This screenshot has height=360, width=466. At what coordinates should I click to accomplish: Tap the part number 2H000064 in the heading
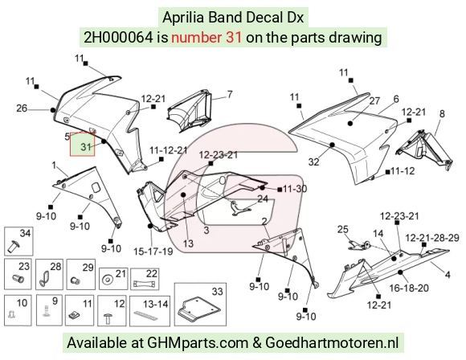(x=118, y=38)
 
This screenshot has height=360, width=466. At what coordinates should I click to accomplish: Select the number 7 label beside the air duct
(x=230, y=95)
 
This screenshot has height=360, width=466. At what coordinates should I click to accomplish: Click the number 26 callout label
(x=22, y=108)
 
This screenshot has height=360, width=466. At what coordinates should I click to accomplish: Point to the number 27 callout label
(x=374, y=100)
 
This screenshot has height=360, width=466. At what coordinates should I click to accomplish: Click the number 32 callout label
(x=314, y=162)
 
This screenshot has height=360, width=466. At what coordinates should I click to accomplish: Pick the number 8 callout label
(x=442, y=113)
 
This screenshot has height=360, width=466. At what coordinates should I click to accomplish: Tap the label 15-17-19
(x=153, y=252)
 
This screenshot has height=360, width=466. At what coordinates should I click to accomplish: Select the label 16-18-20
(x=409, y=288)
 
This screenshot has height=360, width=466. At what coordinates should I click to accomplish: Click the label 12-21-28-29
(x=432, y=238)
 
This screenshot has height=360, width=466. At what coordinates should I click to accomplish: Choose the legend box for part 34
(x=18, y=241)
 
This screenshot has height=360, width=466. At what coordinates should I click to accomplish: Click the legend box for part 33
(x=200, y=305)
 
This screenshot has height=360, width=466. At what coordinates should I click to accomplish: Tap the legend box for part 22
(x=145, y=279)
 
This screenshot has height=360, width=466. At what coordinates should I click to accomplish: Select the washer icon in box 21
(x=106, y=280)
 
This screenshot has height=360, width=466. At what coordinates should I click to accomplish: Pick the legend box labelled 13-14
(x=149, y=311)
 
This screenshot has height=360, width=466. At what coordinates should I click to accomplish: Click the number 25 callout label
(x=342, y=229)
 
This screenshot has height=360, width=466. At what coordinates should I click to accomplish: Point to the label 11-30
(x=295, y=189)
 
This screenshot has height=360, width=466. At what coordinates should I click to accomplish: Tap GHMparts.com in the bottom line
(x=198, y=342)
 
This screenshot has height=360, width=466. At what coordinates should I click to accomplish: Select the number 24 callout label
(x=263, y=198)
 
